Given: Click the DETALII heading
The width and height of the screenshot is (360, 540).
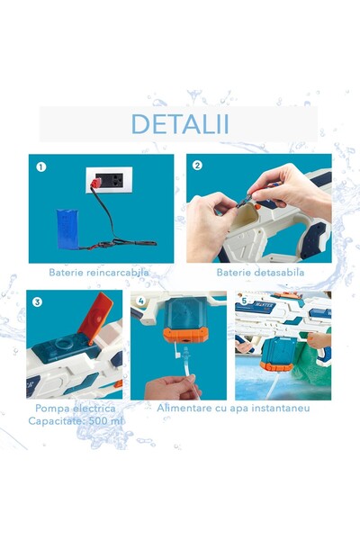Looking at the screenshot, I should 179,123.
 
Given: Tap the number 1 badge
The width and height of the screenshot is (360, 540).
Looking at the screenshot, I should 40,166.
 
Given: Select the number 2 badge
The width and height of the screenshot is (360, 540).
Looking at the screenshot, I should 198,166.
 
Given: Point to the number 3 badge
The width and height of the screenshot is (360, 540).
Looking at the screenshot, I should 38,301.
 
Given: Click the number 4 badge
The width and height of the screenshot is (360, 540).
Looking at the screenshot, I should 140,301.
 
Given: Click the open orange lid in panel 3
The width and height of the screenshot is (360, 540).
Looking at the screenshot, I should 99,310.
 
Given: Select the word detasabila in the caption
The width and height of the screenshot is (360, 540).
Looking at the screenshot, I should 275,272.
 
